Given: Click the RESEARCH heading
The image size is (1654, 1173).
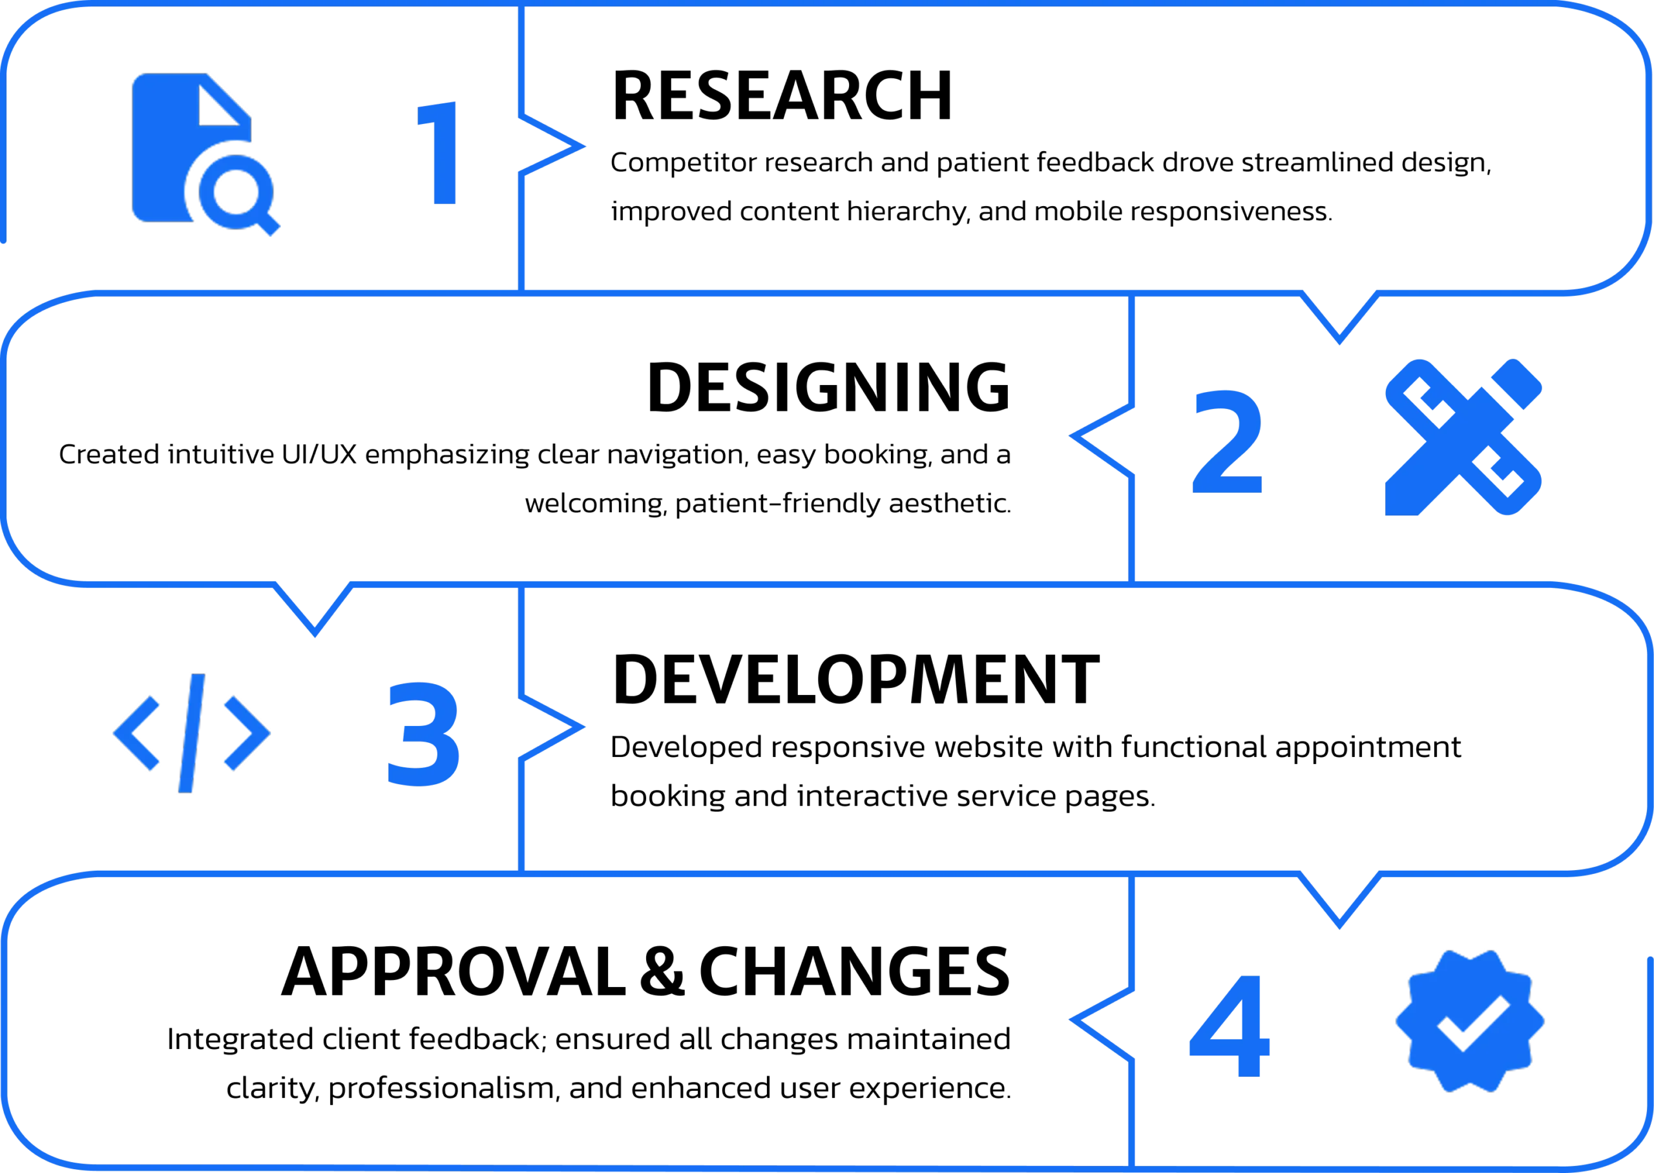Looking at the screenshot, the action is click(782, 96).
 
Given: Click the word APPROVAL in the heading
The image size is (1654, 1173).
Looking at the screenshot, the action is click(454, 971).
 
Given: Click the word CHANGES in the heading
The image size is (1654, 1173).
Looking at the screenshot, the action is click(854, 971).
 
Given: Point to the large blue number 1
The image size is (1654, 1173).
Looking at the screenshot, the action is click(437, 153).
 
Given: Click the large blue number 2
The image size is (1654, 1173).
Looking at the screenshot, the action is click(1227, 442).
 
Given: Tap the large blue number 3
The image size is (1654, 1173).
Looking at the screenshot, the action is click(424, 734).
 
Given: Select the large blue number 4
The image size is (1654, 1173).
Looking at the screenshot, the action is click(1230, 1026).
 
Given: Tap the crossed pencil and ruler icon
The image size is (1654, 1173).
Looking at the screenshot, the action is click(1463, 438).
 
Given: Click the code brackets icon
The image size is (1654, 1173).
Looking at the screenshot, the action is click(191, 733).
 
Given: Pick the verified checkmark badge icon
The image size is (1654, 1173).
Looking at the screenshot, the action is click(1470, 1021).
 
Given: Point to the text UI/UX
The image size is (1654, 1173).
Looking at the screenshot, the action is click(319, 454).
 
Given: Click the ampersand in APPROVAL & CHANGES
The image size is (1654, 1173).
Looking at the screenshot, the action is click(662, 971).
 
